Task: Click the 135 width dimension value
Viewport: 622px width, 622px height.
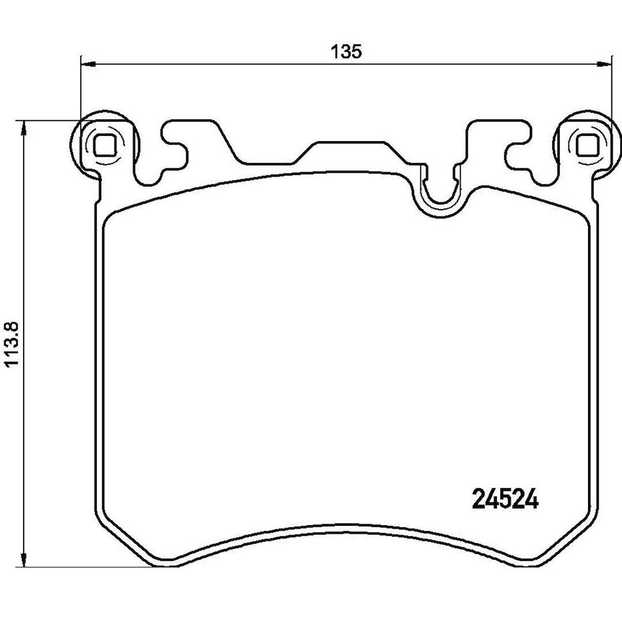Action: click(x=347, y=51)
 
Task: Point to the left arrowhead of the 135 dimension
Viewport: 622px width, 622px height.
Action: click(x=88, y=63)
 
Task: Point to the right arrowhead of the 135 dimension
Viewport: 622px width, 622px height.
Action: click(x=605, y=63)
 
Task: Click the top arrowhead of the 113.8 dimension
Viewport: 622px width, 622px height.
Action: click(x=25, y=128)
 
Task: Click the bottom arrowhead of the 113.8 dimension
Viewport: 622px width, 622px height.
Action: click(x=25, y=559)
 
